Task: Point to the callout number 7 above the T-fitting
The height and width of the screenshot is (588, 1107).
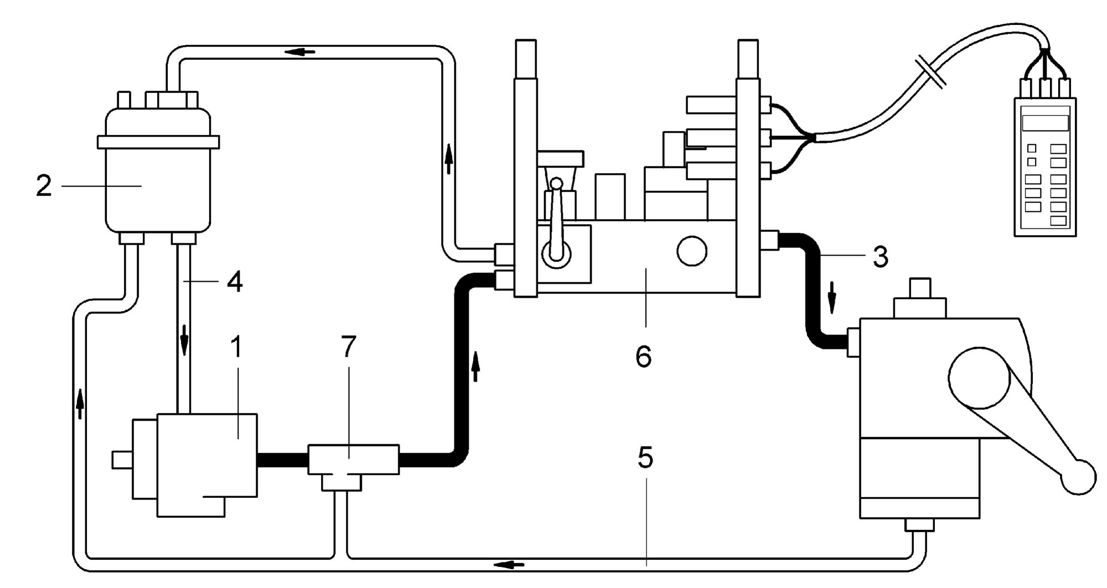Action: coord(348,347)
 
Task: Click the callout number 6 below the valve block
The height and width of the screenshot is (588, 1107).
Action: coord(643,357)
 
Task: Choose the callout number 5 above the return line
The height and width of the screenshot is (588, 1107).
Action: coord(645,457)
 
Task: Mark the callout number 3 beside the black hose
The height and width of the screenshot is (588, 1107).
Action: coord(880,257)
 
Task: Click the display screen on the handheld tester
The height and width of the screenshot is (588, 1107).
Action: coord(1045,123)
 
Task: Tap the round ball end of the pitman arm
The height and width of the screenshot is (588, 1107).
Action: coord(1078,477)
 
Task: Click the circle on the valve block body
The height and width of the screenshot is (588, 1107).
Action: coord(692,251)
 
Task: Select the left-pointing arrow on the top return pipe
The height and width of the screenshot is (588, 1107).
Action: coord(301,52)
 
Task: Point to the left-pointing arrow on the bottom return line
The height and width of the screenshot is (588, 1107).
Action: coord(509,565)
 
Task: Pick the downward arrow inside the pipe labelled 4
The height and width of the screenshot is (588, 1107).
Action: coord(184,342)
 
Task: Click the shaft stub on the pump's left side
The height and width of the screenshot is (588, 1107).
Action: coord(122,460)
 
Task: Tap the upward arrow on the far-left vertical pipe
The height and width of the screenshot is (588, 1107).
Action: coord(80,403)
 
